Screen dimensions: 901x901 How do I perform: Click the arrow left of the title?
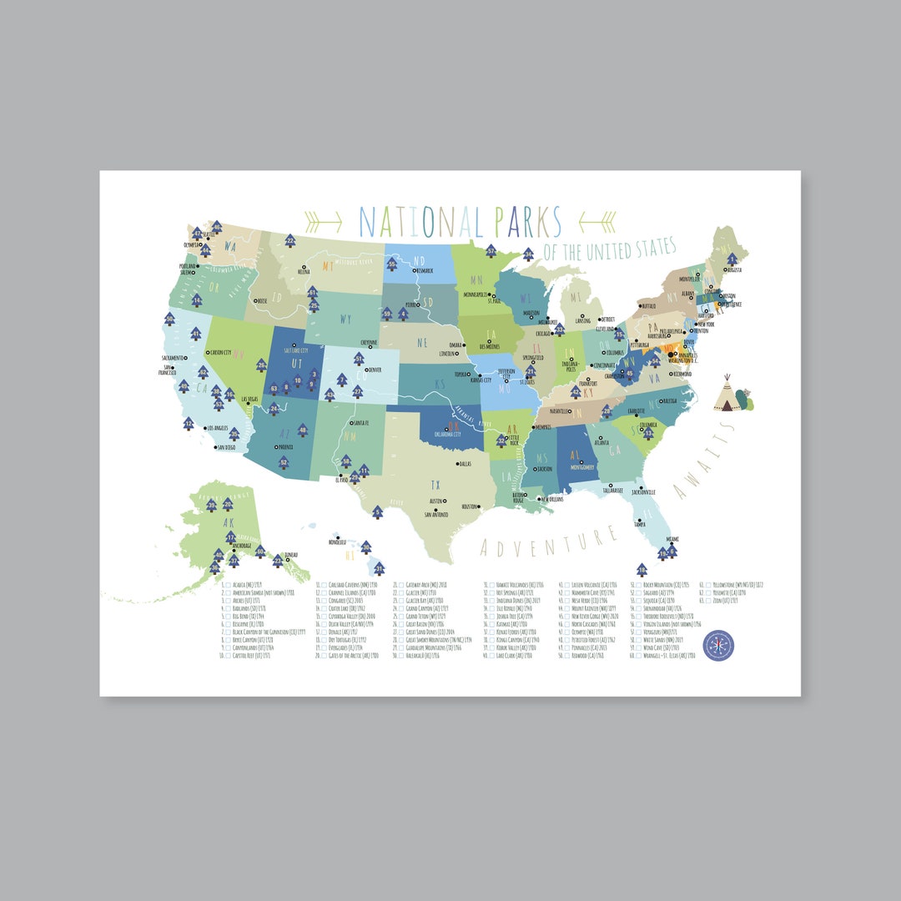coord(324,221)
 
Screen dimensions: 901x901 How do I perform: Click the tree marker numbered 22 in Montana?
coord(289,241)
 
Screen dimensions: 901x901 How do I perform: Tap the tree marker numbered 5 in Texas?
coord(377,512)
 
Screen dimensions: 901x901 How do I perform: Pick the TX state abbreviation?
coord(435,485)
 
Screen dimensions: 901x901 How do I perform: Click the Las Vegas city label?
coord(248,400)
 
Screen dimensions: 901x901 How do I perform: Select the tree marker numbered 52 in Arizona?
coord(284,462)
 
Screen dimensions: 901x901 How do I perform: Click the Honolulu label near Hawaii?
coord(336,541)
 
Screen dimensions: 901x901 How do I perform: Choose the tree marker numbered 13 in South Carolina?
coord(648,433)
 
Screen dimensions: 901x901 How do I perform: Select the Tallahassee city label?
coord(611,491)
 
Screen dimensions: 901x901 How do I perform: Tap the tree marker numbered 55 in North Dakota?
coord(391,264)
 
